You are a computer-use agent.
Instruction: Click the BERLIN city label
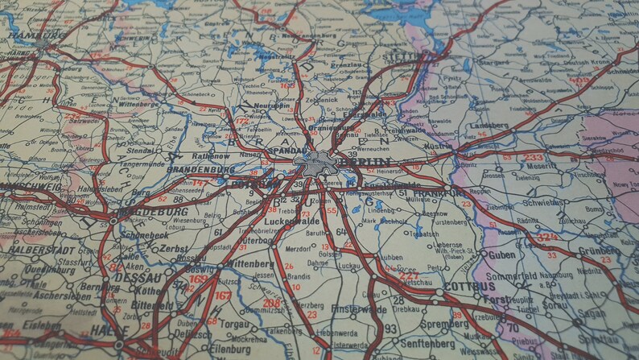[x=363, y=161]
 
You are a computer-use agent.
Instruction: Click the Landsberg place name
[x=489, y=126]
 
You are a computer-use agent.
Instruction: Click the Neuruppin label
[x=272, y=106]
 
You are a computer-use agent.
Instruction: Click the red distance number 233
[x=533, y=158]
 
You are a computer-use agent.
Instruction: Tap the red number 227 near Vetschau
[x=407, y=275]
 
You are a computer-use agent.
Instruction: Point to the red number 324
[x=546, y=238]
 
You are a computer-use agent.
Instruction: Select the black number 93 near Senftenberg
[x=390, y=329]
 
